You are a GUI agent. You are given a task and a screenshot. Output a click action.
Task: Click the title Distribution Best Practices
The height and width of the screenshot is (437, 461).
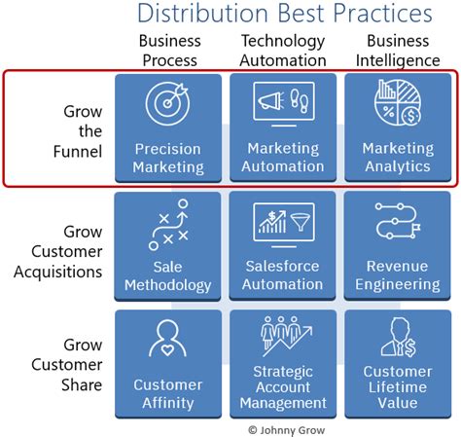tap(284, 14)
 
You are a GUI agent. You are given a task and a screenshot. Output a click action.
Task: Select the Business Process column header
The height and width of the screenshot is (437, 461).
tap(171, 50)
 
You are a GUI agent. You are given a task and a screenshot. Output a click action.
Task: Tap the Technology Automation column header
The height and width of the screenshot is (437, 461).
tap(282, 50)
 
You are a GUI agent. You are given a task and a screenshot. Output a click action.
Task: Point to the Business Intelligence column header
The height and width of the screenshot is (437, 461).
tap(397, 50)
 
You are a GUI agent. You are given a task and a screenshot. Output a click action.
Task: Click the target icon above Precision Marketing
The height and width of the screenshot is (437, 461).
tap(167, 103)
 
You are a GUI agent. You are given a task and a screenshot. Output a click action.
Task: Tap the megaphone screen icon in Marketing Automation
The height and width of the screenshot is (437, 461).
tap(282, 103)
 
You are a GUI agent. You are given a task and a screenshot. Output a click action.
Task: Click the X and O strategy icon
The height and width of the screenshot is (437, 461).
tap(167, 222)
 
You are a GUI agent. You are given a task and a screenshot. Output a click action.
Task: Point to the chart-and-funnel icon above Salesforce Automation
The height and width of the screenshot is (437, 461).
tap(282, 222)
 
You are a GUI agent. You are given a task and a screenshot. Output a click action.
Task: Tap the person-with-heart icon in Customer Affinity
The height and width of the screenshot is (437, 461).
tap(167, 339)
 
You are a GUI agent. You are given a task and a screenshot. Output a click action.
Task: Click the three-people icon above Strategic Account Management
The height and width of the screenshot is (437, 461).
tap(282, 337)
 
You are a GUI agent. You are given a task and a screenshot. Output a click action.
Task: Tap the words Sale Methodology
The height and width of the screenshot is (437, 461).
tap(167, 275)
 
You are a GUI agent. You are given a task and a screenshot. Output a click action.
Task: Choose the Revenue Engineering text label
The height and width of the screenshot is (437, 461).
tap(397, 275)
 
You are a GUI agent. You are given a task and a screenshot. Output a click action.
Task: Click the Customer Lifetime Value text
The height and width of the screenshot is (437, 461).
tap(397, 387)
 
